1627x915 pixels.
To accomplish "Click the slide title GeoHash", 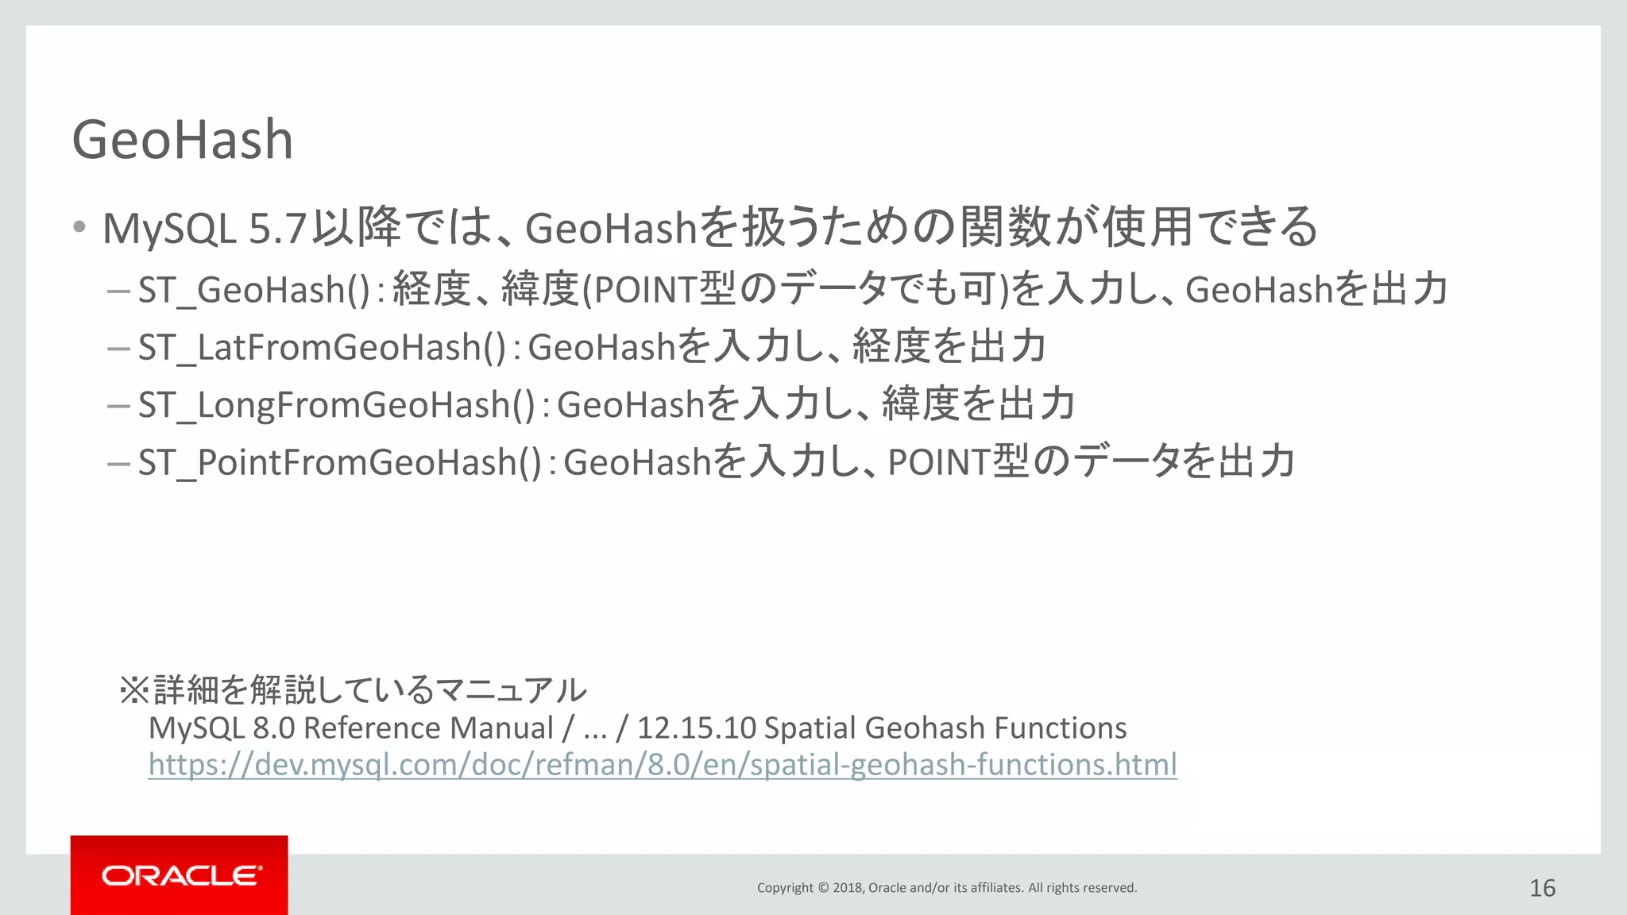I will click(x=183, y=140).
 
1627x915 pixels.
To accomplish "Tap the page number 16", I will click(x=1542, y=888).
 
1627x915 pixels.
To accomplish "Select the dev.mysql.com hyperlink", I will click(x=662, y=764).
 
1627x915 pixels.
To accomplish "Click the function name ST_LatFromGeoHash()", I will click(x=322, y=348).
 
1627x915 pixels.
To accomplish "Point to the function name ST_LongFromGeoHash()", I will click(x=337, y=405).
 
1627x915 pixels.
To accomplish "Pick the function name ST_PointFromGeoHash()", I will click(x=340, y=462).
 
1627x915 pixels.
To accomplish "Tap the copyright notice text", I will click(x=946, y=888).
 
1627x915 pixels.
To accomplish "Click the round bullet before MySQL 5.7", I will click(x=79, y=227).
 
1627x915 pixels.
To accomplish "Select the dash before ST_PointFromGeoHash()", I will click(x=118, y=462).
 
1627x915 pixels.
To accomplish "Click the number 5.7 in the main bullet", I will click(x=277, y=230).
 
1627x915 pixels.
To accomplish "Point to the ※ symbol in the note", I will click(x=134, y=689).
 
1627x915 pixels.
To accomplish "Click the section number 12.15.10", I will click(x=696, y=728).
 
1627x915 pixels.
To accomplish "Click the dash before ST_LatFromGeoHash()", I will click(x=118, y=348).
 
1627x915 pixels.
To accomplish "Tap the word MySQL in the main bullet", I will click(x=169, y=230).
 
